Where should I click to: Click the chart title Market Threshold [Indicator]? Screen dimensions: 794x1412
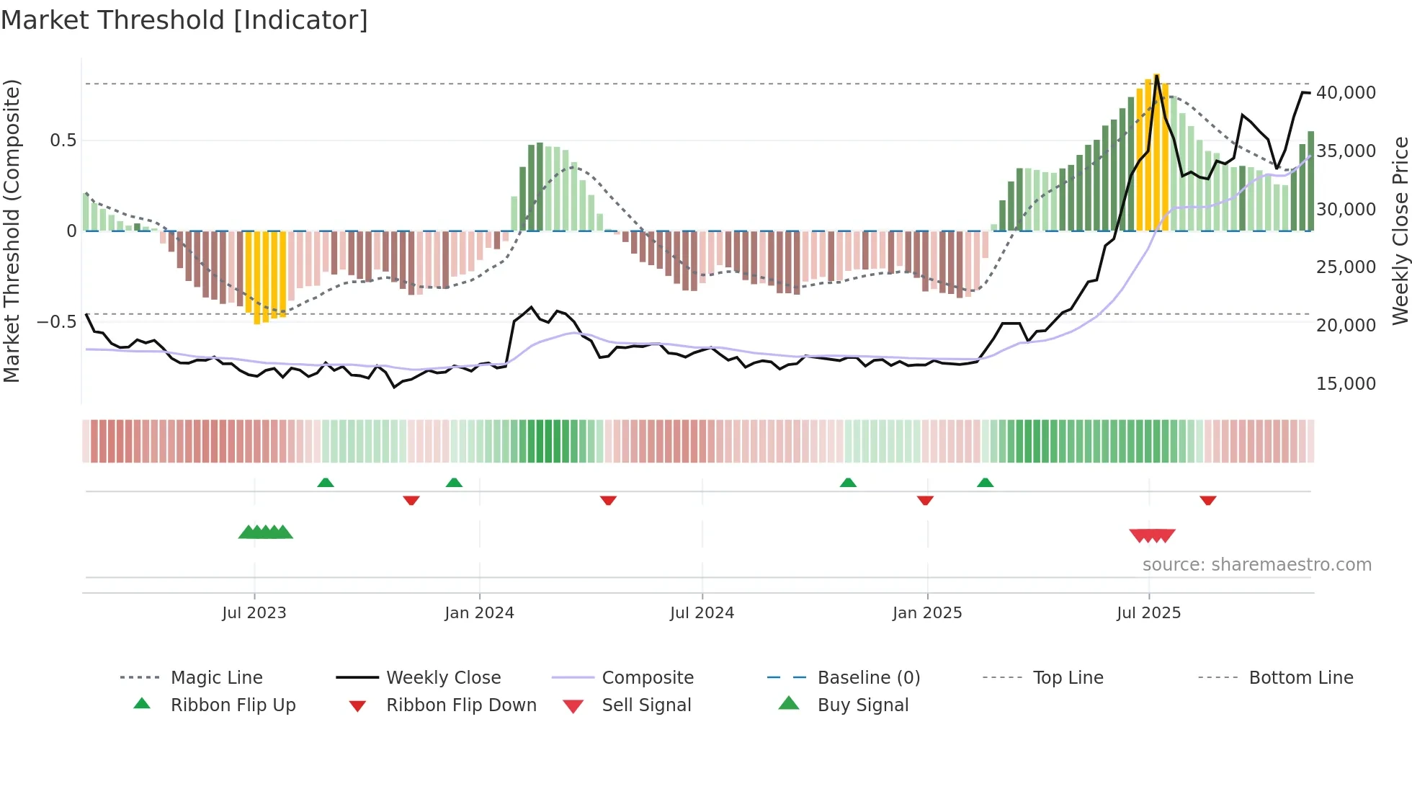tap(184, 20)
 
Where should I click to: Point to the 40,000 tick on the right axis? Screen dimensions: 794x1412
tap(1345, 93)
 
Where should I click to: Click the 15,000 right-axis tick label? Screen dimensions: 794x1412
tap(1345, 384)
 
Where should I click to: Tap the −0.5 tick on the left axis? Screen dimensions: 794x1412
tap(57, 321)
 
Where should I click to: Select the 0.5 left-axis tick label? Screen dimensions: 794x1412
tap(63, 140)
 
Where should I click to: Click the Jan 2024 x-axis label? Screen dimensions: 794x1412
tap(479, 613)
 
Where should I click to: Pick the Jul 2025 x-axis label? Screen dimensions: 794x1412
tap(1148, 613)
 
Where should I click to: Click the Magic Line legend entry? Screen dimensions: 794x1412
tap(216, 678)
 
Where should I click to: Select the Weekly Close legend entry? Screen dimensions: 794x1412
tap(443, 678)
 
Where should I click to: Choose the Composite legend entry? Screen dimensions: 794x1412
tap(647, 678)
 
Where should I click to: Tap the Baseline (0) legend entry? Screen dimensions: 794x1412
tap(868, 678)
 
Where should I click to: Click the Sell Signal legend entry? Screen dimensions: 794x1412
tap(645, 705)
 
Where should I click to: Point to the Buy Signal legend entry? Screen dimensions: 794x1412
tap(862, 705)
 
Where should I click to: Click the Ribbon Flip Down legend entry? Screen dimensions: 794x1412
tap(461, 705)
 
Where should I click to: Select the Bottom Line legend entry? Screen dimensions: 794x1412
tap(1300, 678)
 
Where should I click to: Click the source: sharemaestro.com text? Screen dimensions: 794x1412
tap(1256, 565)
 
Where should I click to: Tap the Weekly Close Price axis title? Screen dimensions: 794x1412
tap(1400, 231)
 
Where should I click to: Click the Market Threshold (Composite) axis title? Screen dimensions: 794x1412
tap(12, 231)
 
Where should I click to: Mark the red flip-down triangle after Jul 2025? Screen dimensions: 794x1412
tap(1208, 500)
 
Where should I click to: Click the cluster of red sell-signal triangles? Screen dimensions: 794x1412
tap(1152, 535)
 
